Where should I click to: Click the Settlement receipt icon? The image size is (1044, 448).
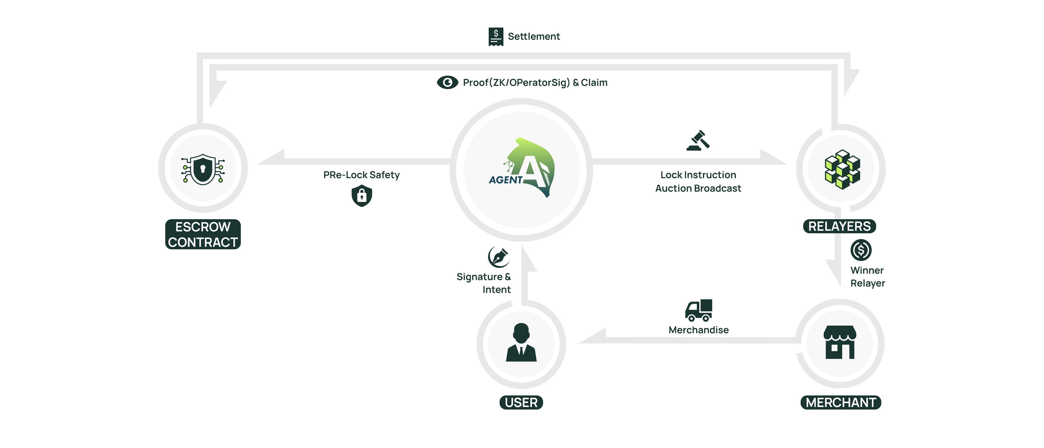pos(496,37)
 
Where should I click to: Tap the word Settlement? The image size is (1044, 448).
pos(534,37)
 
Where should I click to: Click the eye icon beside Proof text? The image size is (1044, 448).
pos(447,82)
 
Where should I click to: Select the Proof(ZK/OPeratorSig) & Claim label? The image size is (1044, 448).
pos(535,82)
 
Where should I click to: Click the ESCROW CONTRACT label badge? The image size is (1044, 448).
pos(203,234)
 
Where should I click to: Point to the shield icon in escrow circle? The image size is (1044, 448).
pos(203,169)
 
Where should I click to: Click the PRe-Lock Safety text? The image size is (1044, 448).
pos(361,175)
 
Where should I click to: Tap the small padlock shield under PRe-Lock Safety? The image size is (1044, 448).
pos(362,196)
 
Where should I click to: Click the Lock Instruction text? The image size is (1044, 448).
pos(698,175)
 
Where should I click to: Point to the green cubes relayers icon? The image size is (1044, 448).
pos(842,169)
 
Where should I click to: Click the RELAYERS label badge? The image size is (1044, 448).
pos(839,226)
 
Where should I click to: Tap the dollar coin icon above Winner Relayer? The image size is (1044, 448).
pos(861,250)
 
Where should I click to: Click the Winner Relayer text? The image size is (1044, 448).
pos(867,277)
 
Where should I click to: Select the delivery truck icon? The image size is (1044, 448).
pos(698,310)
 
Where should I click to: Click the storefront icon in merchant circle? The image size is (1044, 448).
pos(840,342)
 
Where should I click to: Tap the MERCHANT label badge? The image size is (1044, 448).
pos(841,402)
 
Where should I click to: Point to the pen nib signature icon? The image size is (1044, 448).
pos(499,257)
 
